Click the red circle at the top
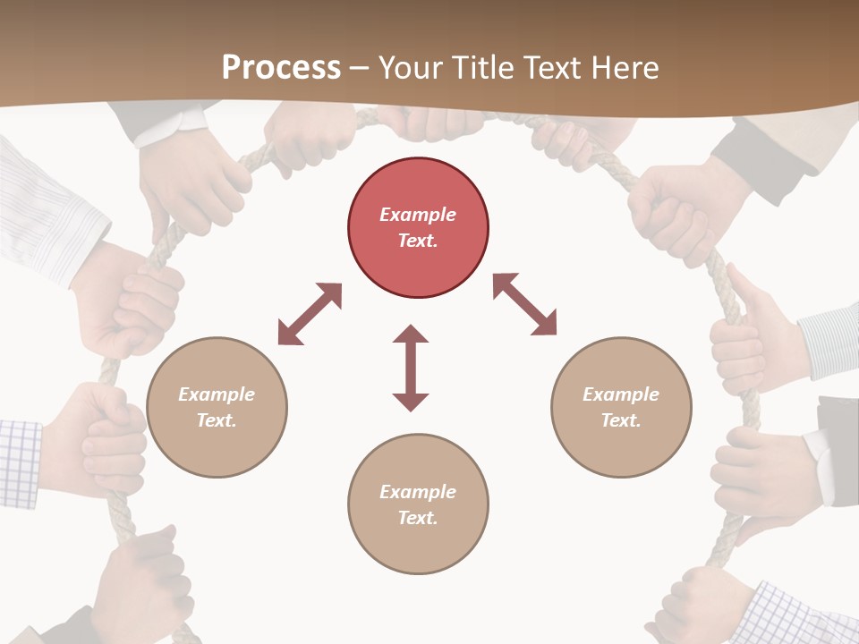pos(418,227)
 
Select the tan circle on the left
pos(217,407)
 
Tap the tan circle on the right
pos(621,407)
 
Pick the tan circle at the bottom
pos(418,504)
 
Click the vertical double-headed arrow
pos(411,368)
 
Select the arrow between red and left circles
pos(310,314)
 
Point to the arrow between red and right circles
pos(524,304)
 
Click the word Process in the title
pos(281,67)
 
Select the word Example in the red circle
pos(418,215)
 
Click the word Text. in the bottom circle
pos(418,518)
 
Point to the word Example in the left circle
pos(217,394)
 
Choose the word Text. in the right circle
pos(621,420)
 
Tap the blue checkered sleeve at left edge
pos(20,463)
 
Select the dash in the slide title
pos(360,68)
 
